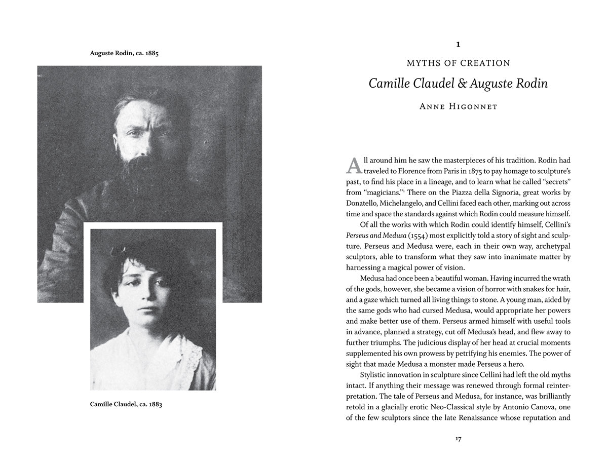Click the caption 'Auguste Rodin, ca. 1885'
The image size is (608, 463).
[124, 53]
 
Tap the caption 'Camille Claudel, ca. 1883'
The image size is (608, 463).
[126, 404]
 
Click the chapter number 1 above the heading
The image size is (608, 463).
[458, 45]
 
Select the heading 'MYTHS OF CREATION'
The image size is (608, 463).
[458, 63]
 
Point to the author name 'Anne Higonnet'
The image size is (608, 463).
[458, 106]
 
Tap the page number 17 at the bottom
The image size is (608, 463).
[458, 439]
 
